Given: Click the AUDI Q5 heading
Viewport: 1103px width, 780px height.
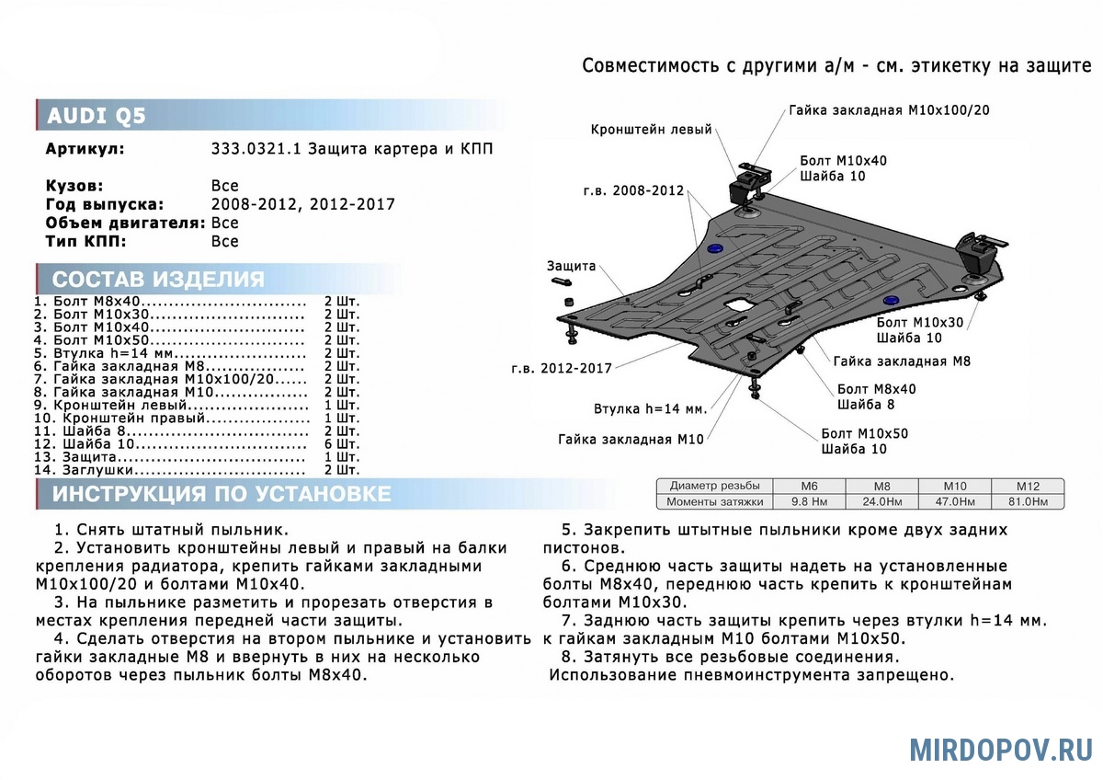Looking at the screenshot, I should [97, 116].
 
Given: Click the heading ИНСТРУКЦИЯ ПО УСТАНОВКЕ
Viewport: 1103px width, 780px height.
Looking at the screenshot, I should [222, 494].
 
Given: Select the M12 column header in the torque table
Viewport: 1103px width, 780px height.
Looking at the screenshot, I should [1027, 486].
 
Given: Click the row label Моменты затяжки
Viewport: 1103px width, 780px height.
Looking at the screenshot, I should [716, 502].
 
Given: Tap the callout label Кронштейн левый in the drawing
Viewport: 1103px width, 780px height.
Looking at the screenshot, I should [651, 130].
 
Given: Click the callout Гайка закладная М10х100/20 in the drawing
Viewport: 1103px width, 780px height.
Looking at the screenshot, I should [888, 110].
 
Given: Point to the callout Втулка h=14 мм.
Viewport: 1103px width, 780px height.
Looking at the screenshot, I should [649, 408].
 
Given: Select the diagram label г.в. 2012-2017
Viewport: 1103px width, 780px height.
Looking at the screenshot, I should [563, 369].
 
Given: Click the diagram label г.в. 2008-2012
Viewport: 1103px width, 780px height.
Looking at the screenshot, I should [633, 190].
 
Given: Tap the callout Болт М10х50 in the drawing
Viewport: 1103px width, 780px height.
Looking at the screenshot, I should [864, 433].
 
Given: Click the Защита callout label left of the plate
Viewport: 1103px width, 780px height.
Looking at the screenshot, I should [572, 266].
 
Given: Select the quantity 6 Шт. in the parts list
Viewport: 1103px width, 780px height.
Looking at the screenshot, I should [342, 444].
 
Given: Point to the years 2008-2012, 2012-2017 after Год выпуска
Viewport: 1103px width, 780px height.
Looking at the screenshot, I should [302, 204].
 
